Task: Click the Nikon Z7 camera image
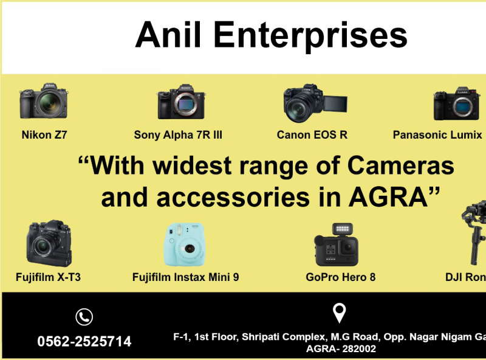coord(43,102)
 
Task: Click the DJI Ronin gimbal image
coord(474,234)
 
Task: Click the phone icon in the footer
coord(84,317)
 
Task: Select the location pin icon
coord(340,313)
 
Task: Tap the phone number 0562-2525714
coord(84,342)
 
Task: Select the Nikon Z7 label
coord(44,135)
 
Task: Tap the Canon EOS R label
coord(312,135)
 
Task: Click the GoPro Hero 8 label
coord(341,277)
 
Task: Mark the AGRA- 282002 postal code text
coord(341,349)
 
